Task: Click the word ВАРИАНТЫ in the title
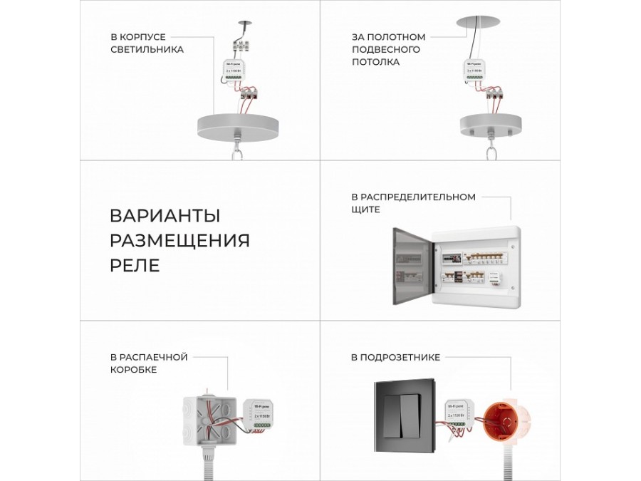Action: coord(165,215)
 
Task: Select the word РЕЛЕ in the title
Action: coord(135,265)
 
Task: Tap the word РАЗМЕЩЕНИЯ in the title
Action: coord(179,240)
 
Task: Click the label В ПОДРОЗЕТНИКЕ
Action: coord(395,357)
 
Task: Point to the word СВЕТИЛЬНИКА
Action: coord(147,49)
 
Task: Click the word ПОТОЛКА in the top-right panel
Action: coord(375,62)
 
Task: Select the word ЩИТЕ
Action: coord(365,210)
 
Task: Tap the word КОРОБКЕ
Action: coord(133,370)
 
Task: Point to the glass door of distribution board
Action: coord(412,266)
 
